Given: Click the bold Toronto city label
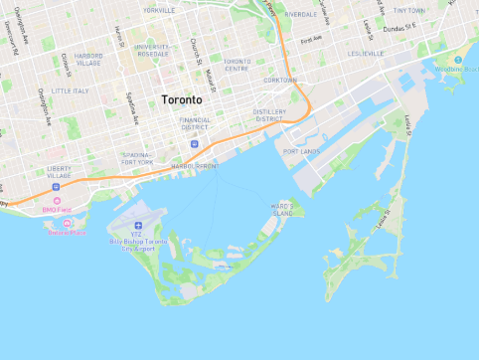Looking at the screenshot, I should pos(182,100).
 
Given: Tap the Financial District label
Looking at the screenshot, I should pos(194,123).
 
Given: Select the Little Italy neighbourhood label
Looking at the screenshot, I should pos(70,90).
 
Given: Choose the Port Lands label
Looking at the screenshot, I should pos(301,151).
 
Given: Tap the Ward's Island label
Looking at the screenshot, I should pos(282,209).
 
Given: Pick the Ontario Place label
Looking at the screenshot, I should pos(66,233).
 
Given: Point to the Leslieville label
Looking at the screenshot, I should pos(366,53).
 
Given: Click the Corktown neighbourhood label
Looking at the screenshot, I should pos(280,80).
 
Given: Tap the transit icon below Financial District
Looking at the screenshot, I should pos(193,144).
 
